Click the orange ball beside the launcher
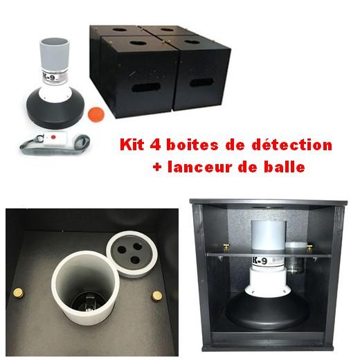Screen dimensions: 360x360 (x=96, y=111)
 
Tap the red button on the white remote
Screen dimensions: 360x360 (x=52, y=138)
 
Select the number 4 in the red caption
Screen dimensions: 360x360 (x=159, y=146)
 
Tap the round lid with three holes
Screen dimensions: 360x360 (x=129, y=251)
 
